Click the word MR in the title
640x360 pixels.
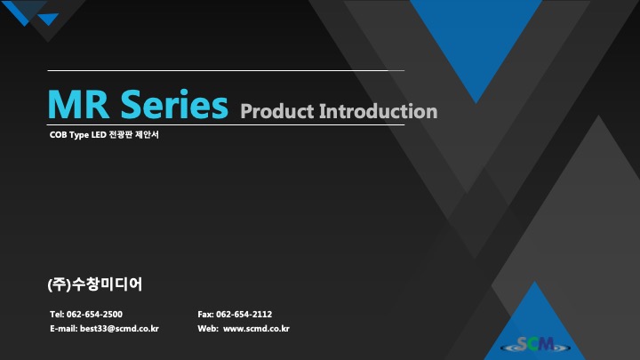(78, 105)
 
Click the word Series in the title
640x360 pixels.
(174, 104)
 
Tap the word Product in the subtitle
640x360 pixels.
(277, 111)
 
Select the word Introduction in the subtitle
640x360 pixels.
(378, 111)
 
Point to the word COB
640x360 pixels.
(59, 135)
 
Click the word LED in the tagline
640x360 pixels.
(99, 135)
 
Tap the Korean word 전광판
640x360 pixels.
(121, 135)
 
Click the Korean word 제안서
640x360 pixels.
(147, 135)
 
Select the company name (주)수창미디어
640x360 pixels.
(95, 284)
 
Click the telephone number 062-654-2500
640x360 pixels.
(94, 315)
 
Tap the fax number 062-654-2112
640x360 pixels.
(244, 315)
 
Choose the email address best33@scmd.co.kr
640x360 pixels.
(119, 329)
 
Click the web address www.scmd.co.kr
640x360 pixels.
(256, 329)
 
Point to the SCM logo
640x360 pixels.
(536, 345)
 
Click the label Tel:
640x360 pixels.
(57, 315)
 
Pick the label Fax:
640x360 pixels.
(205, 315)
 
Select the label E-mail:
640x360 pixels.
(64, 329)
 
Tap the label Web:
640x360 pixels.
(208, 329)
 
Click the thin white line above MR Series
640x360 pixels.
(226, 70)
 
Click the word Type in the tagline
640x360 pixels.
(79, 135)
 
